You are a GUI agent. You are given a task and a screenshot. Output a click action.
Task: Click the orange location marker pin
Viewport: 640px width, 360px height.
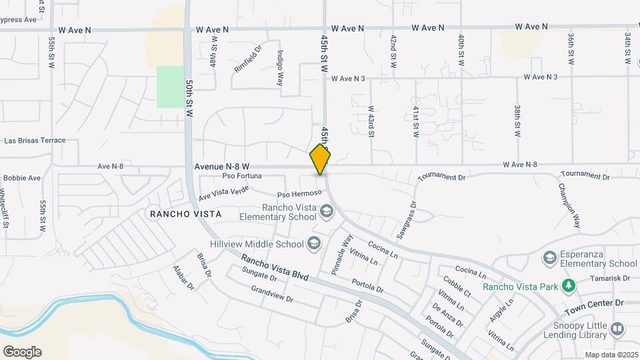(x=320, y=158)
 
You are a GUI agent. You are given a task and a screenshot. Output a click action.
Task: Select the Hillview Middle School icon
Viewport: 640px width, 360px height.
(x=313, y=244)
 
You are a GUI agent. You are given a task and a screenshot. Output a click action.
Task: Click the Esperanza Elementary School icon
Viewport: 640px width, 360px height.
(x=550, y=257)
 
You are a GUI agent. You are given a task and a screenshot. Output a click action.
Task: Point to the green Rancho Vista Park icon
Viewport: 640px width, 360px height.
(x=568, y=287)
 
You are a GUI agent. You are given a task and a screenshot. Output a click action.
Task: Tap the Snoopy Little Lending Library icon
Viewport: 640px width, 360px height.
(x=617, y=329)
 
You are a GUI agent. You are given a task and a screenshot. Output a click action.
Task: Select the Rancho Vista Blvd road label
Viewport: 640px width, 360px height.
(x=275, y=267)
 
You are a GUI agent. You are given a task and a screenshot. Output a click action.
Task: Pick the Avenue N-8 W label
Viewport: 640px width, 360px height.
(x=222, y=166)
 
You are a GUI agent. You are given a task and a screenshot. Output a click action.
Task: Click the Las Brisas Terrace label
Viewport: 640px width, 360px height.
(x=35, y=141)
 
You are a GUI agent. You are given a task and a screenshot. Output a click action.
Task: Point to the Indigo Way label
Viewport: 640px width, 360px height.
(x=281, y=69)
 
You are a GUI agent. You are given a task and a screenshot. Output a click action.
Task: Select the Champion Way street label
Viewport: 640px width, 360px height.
(x=569, y=204)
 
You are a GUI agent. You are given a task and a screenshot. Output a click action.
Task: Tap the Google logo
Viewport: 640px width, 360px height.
(x=22, y=351)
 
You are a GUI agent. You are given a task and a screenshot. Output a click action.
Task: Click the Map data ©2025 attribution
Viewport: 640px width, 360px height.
(x=611, y=355)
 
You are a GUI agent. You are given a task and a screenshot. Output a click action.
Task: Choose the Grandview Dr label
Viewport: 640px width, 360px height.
(x=272, y=294)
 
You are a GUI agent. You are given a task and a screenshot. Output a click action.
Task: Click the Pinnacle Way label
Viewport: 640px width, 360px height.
(x=343, y=254)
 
